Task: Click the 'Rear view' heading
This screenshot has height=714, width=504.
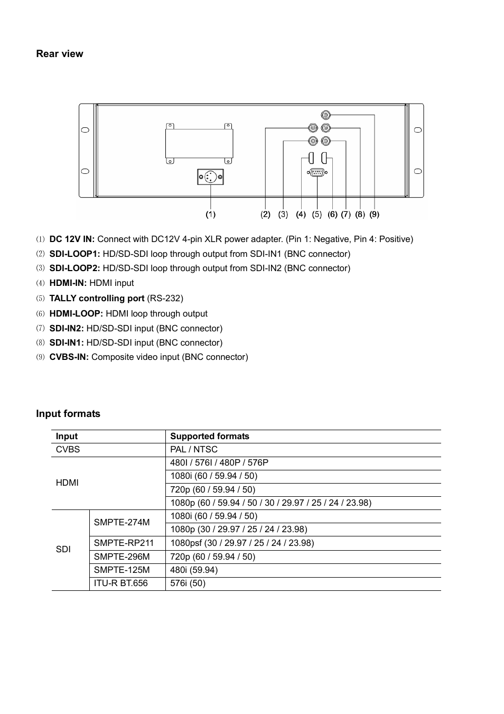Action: point(59,54)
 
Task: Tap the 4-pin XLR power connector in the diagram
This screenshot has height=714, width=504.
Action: point(210,177)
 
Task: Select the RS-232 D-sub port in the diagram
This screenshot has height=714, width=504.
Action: point(316,172)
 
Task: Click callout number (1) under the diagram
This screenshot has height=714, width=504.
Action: point(211,214)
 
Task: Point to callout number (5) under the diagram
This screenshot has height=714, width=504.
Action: point(317,214)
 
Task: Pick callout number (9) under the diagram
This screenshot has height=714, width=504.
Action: point(375,214)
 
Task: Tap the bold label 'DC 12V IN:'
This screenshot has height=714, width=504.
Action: point(72,239)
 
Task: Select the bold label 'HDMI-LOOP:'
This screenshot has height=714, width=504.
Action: point(76,314)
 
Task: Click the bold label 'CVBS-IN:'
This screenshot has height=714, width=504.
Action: point(69,357)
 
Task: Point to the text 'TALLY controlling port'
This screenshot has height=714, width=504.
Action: point(97,299)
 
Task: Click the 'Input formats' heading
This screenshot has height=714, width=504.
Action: point(68,414)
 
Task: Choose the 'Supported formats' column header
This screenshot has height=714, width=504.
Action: point(210,437)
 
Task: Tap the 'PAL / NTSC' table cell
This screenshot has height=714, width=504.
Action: point(194,450)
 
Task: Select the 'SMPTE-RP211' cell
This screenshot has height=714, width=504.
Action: point(124,543)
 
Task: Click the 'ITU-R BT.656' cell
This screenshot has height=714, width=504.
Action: point(121,583)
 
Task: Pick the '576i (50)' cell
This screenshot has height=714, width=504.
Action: point(188,583)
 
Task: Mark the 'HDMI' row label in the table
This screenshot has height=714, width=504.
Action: point(67,483)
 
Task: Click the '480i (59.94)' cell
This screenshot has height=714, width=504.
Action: point(194,570)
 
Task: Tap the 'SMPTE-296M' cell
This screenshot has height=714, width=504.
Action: point(122,557)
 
